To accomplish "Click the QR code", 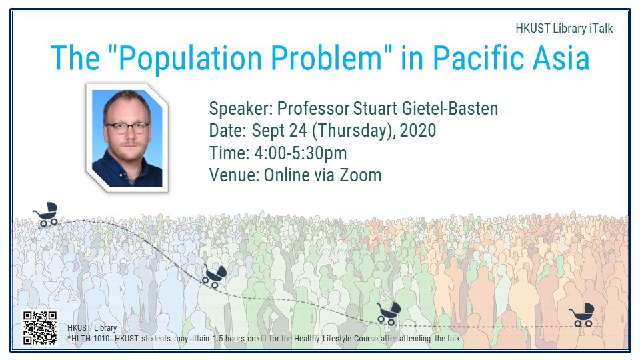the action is click(x=39, y=328).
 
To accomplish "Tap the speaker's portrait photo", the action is click(x=127, y=138).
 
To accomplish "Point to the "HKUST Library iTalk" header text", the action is click(x=564, y=29).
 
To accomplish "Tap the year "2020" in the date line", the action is click(x=418, y=131).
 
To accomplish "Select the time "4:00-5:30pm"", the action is click(x=301, y=153).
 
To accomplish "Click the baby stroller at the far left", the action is click(x=46, y=214).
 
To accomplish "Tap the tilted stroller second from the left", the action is click(x=214, y=276).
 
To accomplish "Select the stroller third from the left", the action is click(x=389, y=313).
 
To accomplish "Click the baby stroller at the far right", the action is click(x=583, y=315).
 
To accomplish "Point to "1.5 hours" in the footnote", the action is click(x=229, y=339).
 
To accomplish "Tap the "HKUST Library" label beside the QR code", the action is click(x=92, y=328).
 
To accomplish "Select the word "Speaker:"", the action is click(x=241, y=109).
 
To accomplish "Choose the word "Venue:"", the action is click(x=234, y=175).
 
